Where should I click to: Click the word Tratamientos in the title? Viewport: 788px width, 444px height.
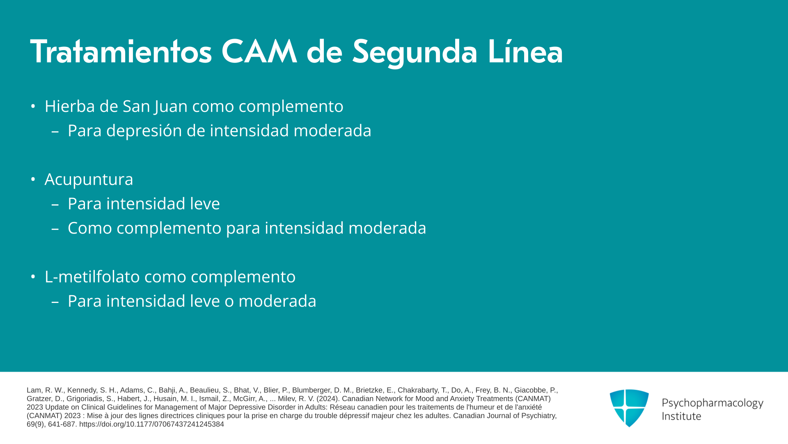tap(121, 52)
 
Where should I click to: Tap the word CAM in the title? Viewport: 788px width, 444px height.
tap(259, 52)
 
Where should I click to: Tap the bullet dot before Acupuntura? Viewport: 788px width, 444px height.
tap(33, 180)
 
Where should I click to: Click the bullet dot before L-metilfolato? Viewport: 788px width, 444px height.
tap(33, 277)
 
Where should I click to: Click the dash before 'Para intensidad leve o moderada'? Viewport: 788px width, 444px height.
tap(55, 301)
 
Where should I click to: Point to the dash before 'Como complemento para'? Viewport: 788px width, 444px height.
tap(55, 228)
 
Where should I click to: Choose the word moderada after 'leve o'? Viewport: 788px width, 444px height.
tap(277, 301)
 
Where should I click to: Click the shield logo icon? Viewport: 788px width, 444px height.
tap(629, 408)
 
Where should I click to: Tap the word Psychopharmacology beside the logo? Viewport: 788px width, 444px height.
tap(712, 403)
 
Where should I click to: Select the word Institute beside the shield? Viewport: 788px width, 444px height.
tap(681, 416)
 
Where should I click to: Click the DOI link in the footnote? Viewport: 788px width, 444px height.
tap(151, 424)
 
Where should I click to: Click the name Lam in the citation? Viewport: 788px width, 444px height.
tap(34, 390)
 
